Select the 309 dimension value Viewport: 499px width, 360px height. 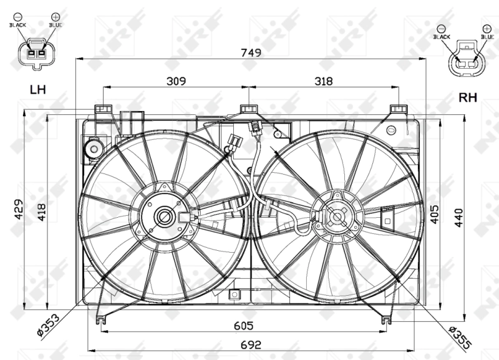pyautogui.click(x=177, y=80)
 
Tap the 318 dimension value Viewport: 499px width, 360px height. pyautogui.click(x=323, y=80)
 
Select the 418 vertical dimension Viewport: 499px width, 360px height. pyautogui.click(x=41, y=213)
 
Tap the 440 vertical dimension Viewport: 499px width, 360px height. pyautogui.click(x=459, y=214)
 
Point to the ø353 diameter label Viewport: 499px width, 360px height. pyautogui.click(x=48, y=326)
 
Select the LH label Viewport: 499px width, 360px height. pyautogui.click(x=37, y=90)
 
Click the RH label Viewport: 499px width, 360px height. pyautogui.click(x=468, y=97)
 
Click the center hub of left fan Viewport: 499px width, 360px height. pyautogui.click(x=165, y=216)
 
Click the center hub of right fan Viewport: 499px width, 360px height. pyautogui.click(x=336, y=217)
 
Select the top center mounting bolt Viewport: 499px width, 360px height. pyautogui.click(x=249, y=110)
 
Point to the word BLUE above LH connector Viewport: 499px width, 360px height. pyautogui.click(x=55, y=24)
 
